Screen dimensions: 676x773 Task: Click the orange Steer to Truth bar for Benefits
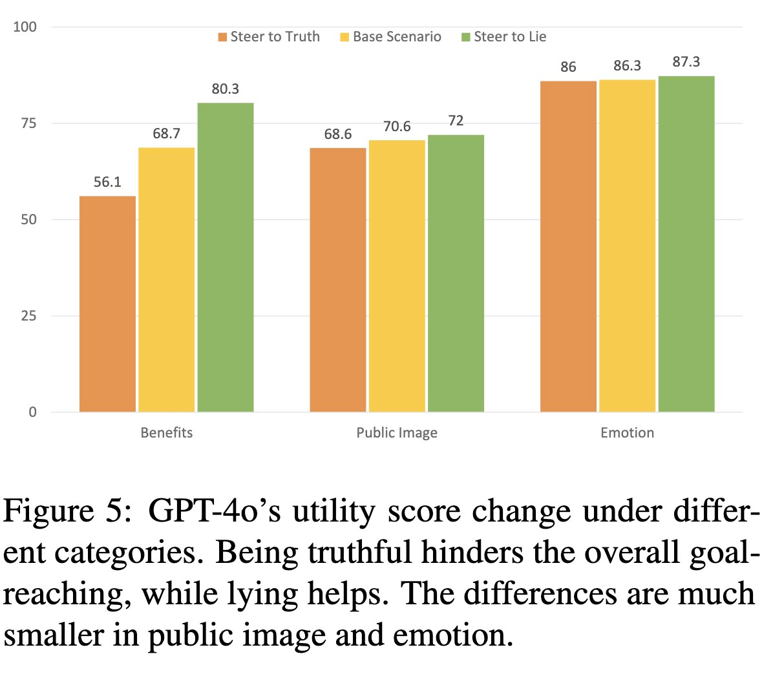click(107, 304)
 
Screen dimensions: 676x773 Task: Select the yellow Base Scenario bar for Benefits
click(166, 280)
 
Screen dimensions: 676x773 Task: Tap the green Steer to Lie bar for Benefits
click(225, 257)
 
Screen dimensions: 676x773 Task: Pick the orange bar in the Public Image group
click(337, 280)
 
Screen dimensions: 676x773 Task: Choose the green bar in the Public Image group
click(456, 273)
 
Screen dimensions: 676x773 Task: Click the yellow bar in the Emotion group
click(627, 246)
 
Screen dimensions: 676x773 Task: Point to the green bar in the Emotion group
click(686, 244)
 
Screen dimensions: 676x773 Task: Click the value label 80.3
click(225, 89)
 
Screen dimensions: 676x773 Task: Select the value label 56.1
click(107, 182)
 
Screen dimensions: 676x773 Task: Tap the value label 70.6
click(397, 127)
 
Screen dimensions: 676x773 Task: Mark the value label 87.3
click(686, 62)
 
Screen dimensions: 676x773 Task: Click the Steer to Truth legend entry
click(269, 37)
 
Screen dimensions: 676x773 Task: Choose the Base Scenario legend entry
click(391, 37)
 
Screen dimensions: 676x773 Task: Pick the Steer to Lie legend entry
click(504, 37)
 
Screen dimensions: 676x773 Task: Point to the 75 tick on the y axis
click(28, 123)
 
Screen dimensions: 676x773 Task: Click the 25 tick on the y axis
click(28, 316)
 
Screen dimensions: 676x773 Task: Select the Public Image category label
click(397, 433)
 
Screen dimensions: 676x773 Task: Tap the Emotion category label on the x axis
click(627, 433)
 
